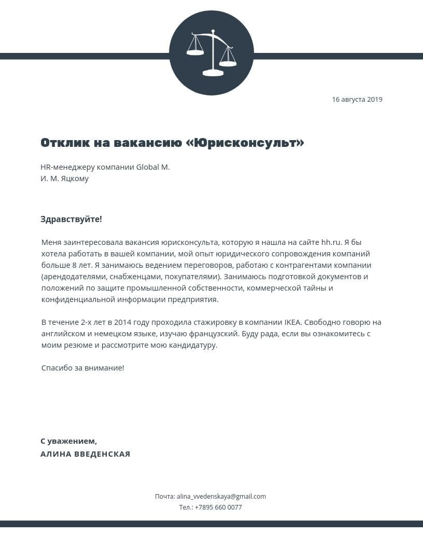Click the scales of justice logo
click(212, 53)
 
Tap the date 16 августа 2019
click(357, 99)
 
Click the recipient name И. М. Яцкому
click(65, 179)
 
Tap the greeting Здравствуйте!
click(71, 219)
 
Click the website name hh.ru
click(331, 242)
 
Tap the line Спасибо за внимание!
click(83, 368)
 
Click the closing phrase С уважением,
click(68, 441)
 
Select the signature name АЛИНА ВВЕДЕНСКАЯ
click(86, 454)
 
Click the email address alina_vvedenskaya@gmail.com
click(221, 497)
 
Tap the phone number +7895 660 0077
click(218, 508)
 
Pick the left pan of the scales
click(195, 52)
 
